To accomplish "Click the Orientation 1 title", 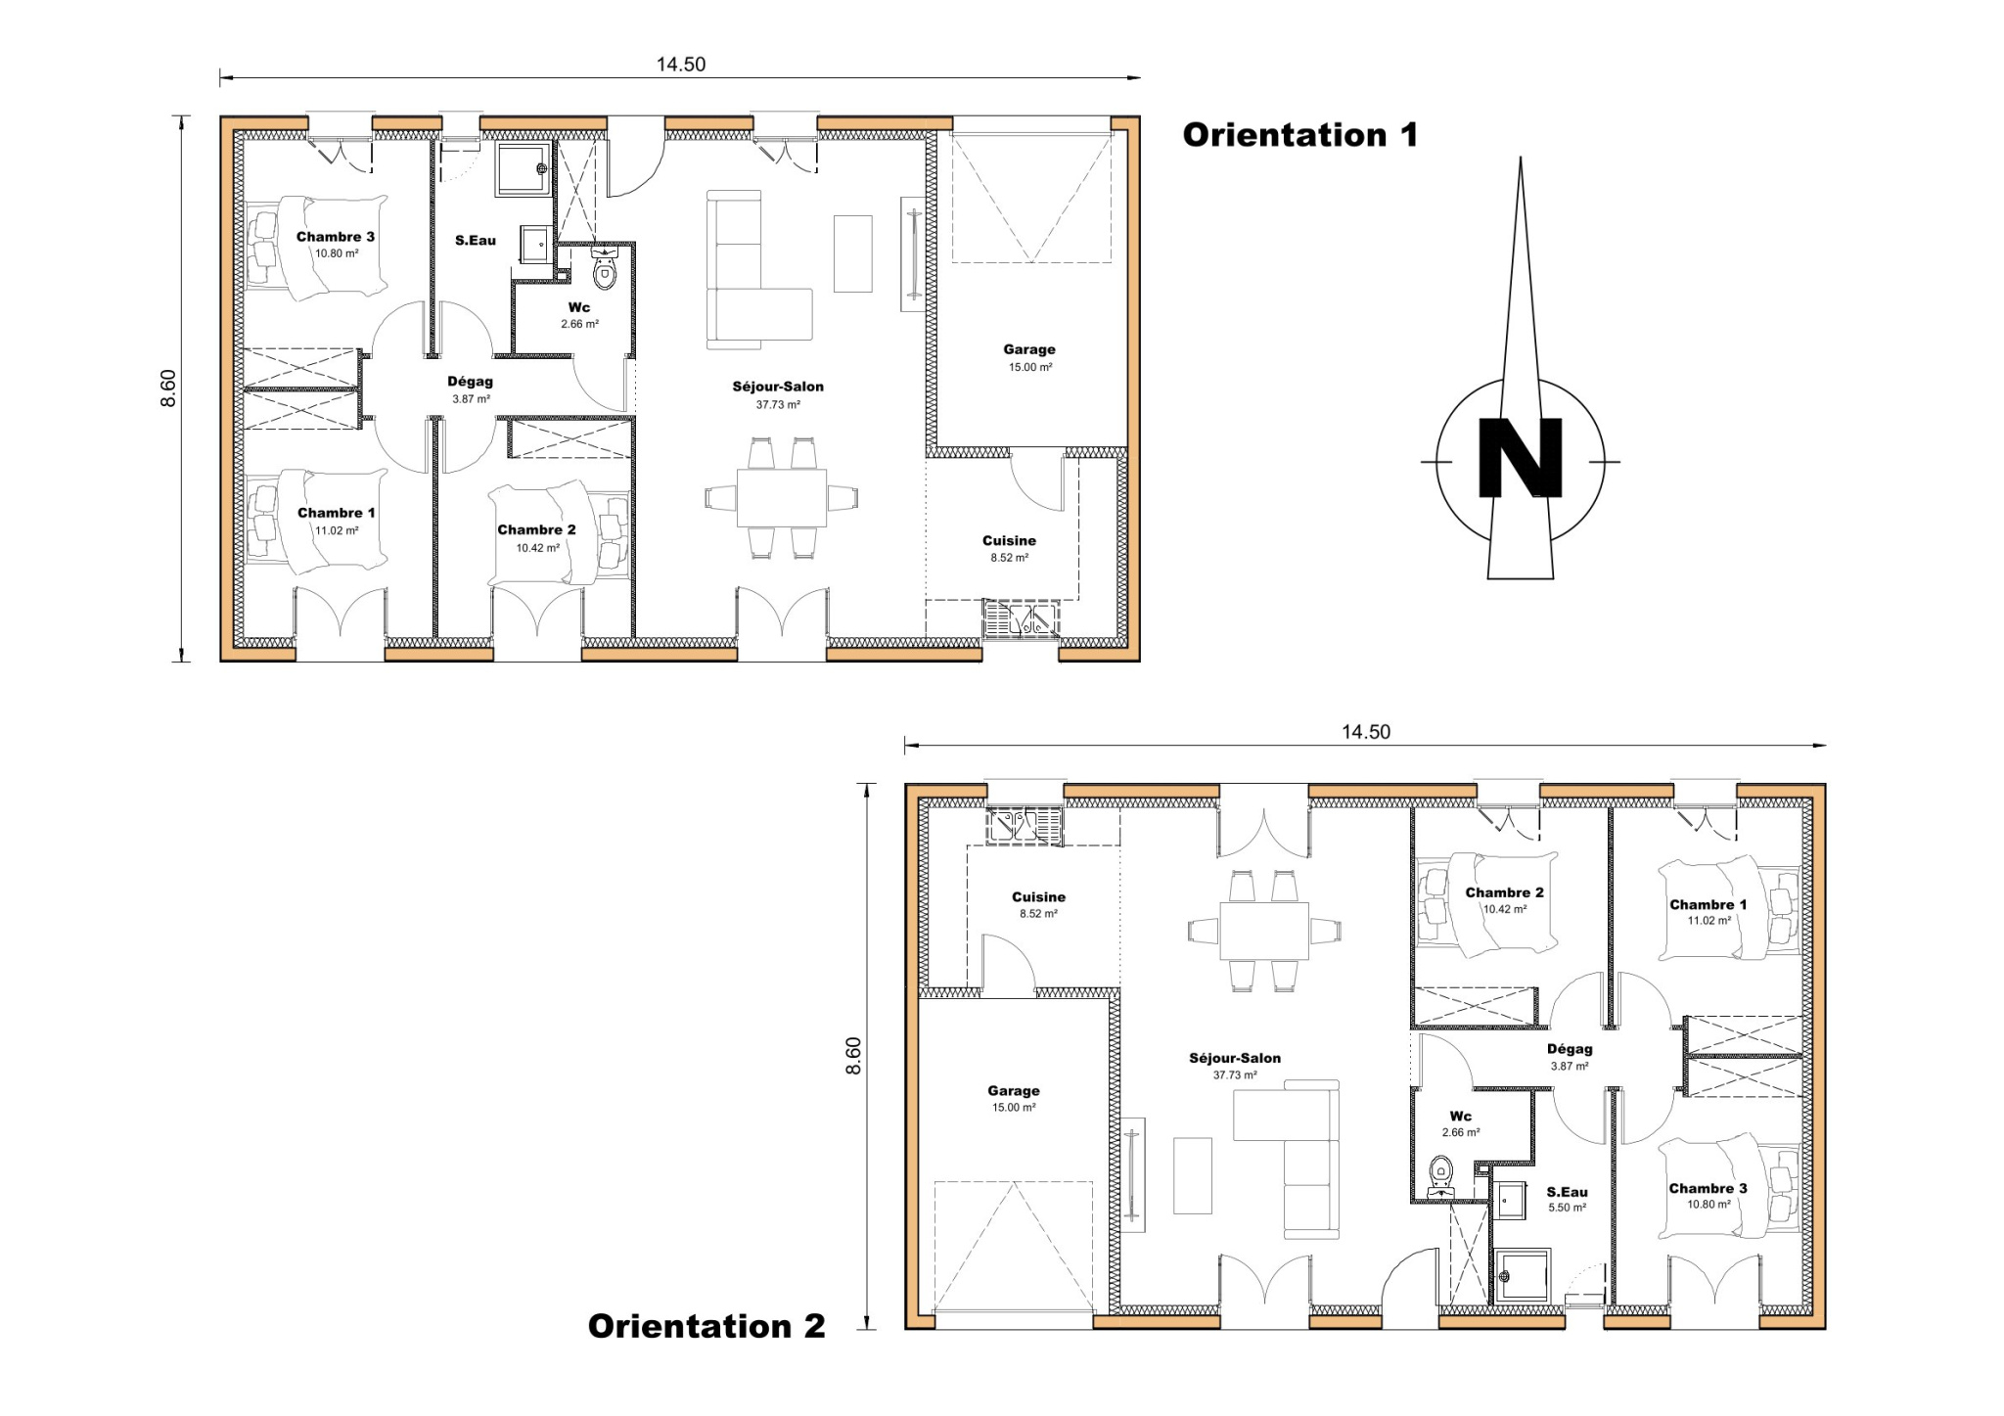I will coord(1299,135).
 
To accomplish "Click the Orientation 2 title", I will coord(706,1326).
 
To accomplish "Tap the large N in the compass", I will coord(1520,459).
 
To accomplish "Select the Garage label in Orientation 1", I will coord(1028,349).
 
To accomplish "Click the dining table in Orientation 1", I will coord(781,497).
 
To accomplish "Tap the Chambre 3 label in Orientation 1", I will coord(336,237).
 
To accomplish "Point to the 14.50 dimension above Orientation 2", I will coord(1365,732).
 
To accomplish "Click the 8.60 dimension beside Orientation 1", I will coord(168,388).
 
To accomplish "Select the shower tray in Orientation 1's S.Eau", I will coord(523,168).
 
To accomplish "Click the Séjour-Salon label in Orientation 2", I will coord(1235,1058).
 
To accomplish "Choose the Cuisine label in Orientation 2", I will coord(1038,896).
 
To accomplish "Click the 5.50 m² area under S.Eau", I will coord(1567,1208).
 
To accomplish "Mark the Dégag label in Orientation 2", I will coord(1570,1049).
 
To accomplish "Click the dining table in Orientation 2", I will coord(1263,931).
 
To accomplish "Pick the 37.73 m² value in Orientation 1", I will coord(778,404).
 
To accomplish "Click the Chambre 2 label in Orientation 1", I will coord(536,529).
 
